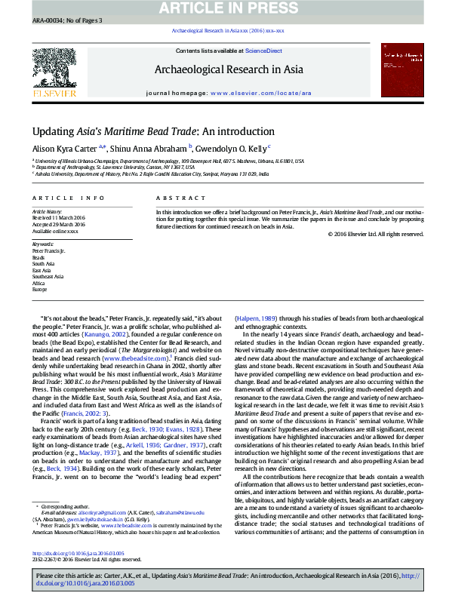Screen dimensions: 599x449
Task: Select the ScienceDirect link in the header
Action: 263,51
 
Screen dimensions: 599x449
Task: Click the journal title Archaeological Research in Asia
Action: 229,70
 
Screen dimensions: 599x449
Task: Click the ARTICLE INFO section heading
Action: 69,198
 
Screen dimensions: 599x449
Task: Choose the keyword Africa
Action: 38,283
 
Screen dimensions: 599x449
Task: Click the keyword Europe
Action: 38,290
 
